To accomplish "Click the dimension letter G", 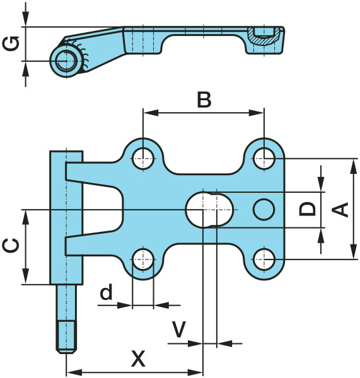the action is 11,43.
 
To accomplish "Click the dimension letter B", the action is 204,100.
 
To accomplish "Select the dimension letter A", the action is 340,209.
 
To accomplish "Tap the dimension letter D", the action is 307,209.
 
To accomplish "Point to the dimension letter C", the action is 11,246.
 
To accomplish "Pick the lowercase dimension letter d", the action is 107,292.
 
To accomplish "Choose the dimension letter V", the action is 178,329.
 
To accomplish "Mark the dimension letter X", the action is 138,358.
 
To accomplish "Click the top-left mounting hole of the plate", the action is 143,159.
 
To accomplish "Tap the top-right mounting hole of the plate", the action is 264,159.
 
